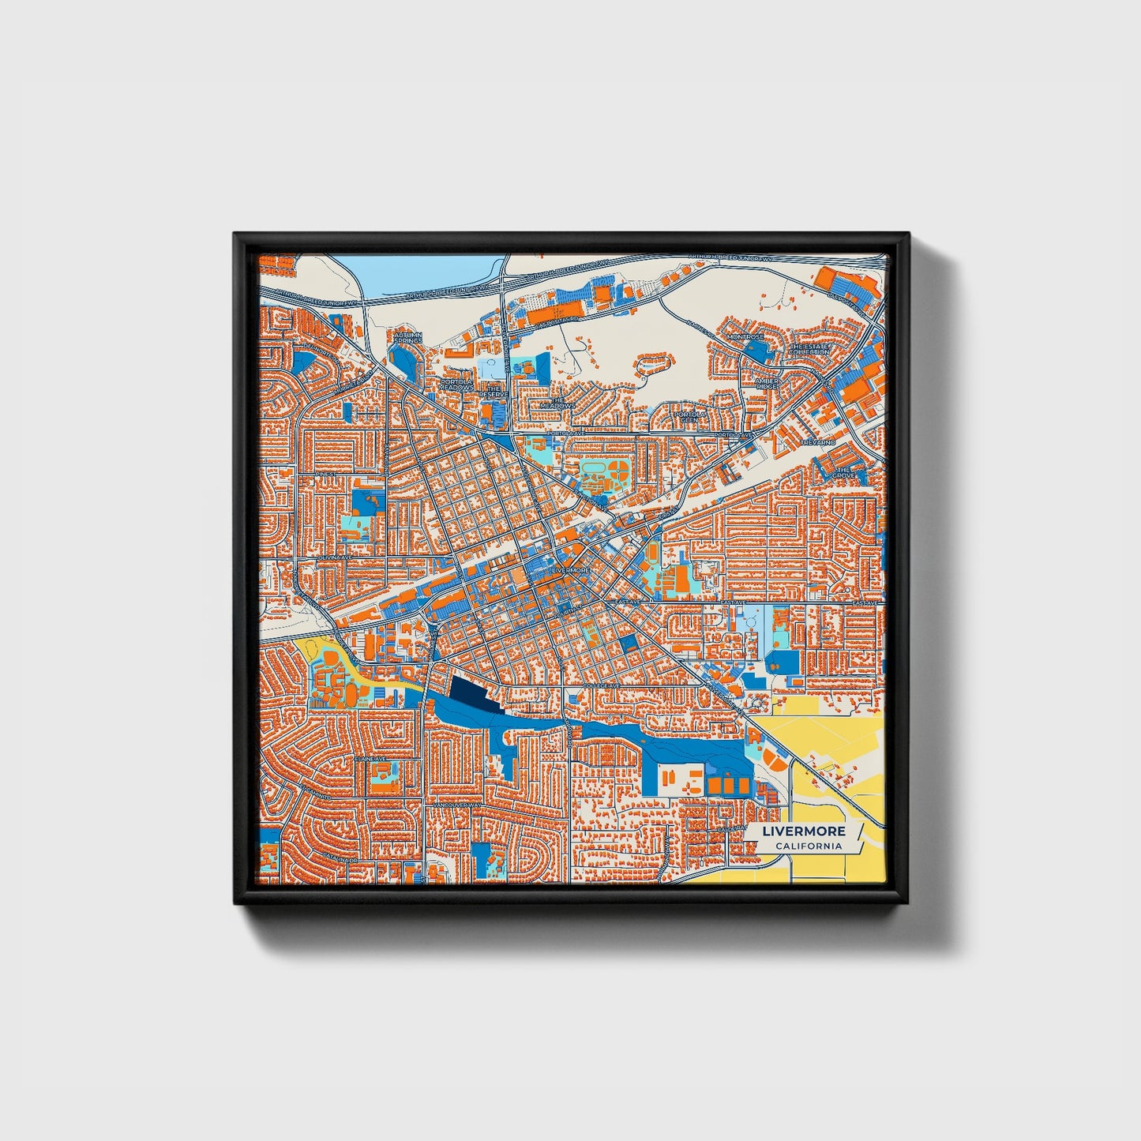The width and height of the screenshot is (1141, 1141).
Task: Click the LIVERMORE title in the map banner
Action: click(x=804, y=831)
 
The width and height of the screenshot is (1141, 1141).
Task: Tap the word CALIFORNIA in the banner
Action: click(x=808, y=846)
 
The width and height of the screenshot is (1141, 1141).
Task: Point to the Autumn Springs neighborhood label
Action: click(x=408, y=339)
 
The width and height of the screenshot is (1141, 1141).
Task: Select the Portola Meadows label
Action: click(x=457, y=385)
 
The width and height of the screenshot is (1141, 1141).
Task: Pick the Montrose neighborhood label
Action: click(x=745, y=337)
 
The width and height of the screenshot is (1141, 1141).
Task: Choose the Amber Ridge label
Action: click(x=767, y=384)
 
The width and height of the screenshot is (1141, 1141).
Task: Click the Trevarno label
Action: click(x=816, y=443)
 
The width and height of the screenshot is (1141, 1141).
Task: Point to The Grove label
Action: click(x=843, y=473)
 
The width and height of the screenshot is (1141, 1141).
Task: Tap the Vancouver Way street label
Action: click(x=457, y=805)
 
